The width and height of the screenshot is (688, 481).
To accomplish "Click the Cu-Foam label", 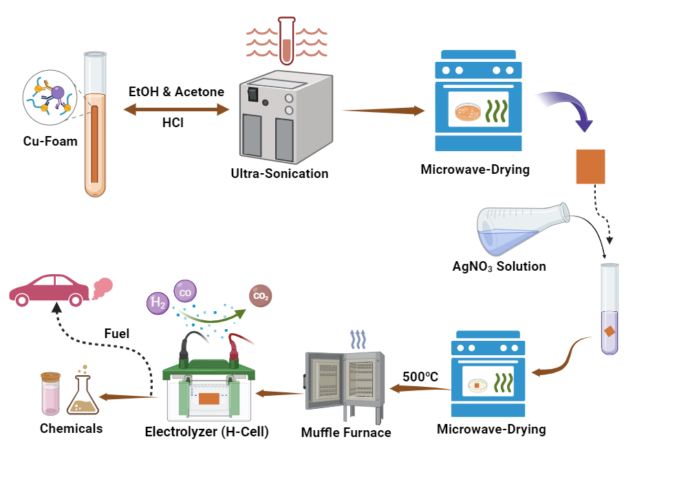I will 49,142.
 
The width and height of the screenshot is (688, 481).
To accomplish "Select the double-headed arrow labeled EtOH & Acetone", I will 176,109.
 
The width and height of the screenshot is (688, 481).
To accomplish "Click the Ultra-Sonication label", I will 279,173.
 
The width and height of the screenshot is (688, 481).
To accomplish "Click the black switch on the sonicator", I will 253,90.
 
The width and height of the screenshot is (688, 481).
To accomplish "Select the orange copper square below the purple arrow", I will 590,166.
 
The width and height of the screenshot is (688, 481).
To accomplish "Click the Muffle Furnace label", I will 346,432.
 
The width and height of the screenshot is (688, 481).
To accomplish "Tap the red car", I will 48,289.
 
